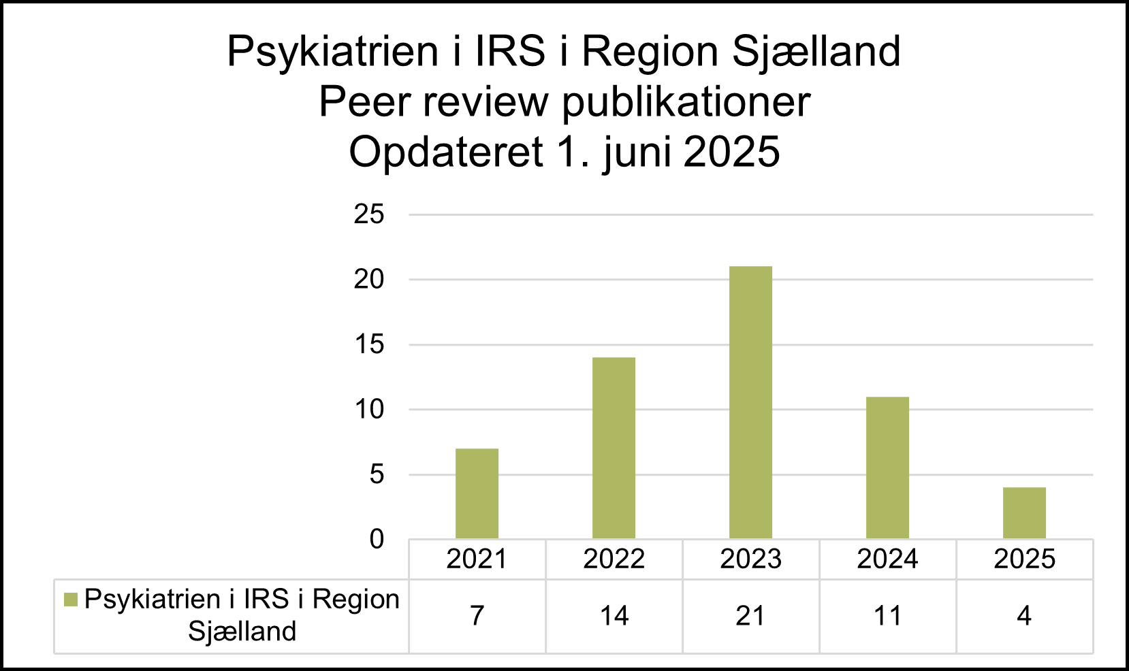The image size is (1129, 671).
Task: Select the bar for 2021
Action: click(477, 493)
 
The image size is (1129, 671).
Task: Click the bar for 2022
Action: click(614, 448)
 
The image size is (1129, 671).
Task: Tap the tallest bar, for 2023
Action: click(750, 402)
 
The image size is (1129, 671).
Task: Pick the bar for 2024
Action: click(887, 468)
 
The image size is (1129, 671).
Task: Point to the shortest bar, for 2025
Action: click(1024, 513)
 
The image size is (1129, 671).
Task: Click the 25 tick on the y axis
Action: click(368, 215)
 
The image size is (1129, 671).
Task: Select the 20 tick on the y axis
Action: click(368, 280)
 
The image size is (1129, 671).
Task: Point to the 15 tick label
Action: click(368, 345)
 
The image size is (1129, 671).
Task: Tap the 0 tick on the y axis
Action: click(377, 540)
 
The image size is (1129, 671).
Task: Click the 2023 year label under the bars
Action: click(750, 559)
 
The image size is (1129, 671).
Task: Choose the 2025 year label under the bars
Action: click(1024, 559)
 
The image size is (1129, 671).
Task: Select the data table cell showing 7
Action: click(477, 616)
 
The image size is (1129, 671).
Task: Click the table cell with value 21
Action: click(750, 616)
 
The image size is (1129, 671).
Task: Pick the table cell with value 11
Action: click(887, 616)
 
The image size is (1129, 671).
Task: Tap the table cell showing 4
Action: click(1024, 616)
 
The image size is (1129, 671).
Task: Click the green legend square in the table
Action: click(70, 600)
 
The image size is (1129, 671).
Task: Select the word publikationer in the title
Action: click(686, 102)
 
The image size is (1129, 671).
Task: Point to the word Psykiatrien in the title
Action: click(332, 51)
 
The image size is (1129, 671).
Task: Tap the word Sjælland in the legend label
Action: click(242, 632)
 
